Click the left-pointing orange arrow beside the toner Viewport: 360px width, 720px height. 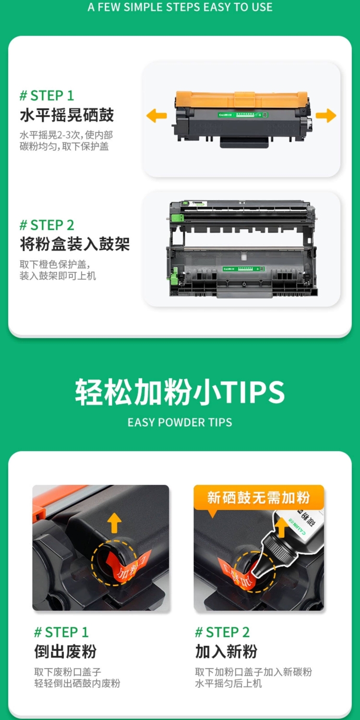pyautogui.click(x=156, y=115)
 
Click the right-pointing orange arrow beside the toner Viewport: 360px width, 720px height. pyautogui.click(x=326, y=115)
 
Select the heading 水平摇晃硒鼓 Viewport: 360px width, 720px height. pyautogui.click(x=67, y=115)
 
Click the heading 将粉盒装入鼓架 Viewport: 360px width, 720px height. pyautogui.click(x=74, y=244)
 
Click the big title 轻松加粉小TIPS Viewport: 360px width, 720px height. pyautogui.click(x=180, y=392)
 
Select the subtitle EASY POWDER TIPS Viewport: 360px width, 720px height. pyautogui.click(x=180, y=422)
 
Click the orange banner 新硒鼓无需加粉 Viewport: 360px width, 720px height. pyautogui.click(x=258, y=497)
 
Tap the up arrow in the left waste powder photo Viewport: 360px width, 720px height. pyautogui.click(x=114, y=523)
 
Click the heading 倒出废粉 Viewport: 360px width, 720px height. pyautogui.click(x=65, y=651)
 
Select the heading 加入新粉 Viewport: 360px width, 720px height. pyautogui.click(x=226, y=651)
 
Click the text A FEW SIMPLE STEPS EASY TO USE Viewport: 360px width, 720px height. pyautogui.click(x=180, y=7)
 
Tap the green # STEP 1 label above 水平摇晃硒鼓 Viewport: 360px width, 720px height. pyautogui.click(x=47, y=96)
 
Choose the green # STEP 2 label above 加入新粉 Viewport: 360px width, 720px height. pyautogui.click(x=222, y=632)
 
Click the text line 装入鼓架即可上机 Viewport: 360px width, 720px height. pyautogui.click(x=58, y=276)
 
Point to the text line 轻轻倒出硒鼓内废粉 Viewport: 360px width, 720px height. pyautogui.click(x=77, y=683)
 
